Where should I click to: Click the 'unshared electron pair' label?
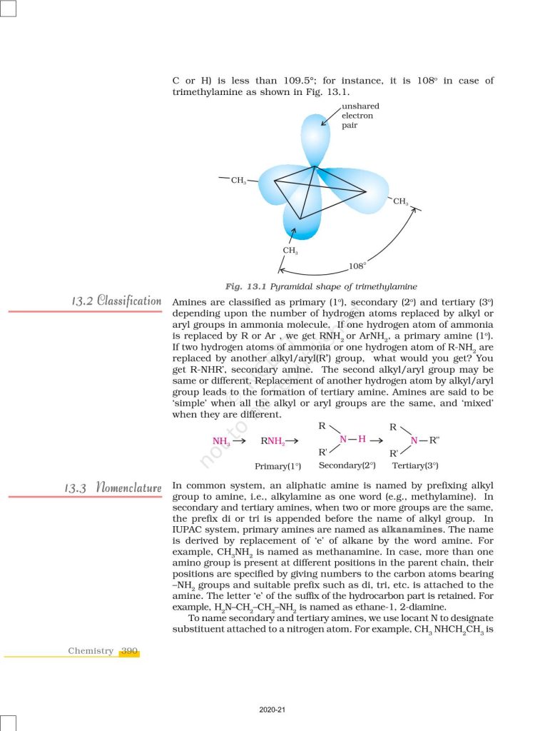pos(357,116)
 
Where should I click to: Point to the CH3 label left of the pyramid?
pos(238,181)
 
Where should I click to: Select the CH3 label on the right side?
pos(401,202)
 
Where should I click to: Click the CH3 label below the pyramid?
pos(290,251)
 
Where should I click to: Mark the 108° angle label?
pos(357,266)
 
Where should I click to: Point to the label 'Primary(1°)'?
pos(277,466)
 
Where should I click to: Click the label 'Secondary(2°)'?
pos(347,465)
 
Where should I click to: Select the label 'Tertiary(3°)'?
pos(415,465)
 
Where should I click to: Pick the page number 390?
pos(129,651)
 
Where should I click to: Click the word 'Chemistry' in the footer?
pos(91,651)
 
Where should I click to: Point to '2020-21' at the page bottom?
pos(272,710)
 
